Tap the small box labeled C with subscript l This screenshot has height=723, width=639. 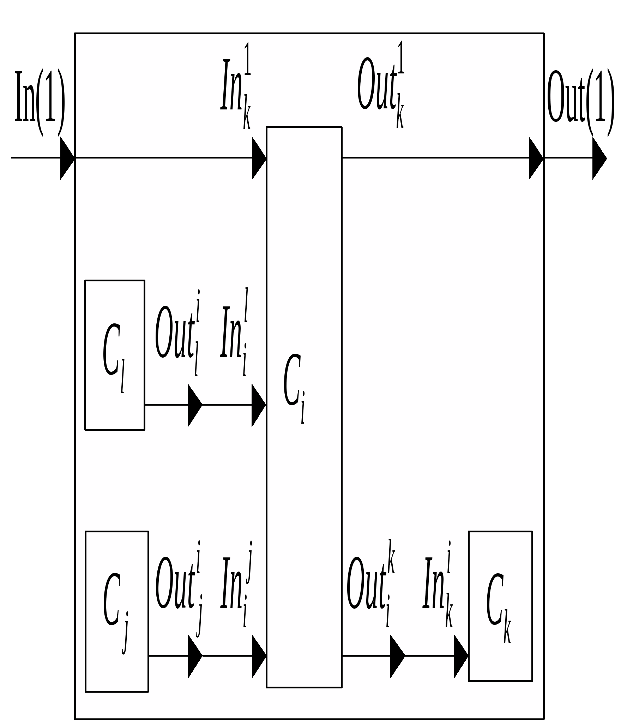point(115,355)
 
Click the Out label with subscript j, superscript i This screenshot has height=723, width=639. point(179,585)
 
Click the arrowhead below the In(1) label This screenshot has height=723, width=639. point(67,158)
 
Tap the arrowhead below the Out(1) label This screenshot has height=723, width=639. point(599,159)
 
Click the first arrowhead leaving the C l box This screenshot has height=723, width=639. point(194,405)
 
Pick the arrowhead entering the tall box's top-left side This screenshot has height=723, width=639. point(259,158)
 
